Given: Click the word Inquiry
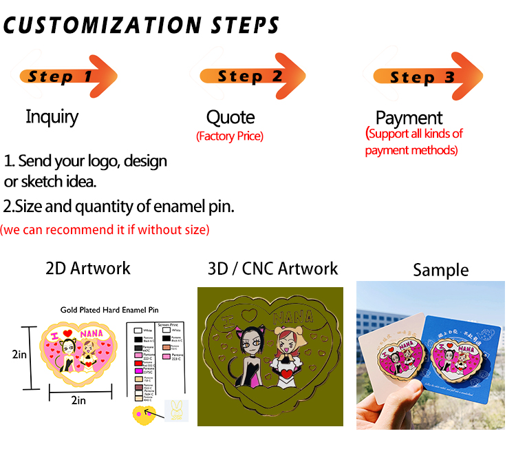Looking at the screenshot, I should click(52, 116).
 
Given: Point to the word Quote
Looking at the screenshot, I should click(230, 118).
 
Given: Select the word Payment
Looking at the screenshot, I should click(409, 118).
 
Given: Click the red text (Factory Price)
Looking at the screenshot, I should click(230, 136).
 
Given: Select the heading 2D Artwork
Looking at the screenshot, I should click(87, 268).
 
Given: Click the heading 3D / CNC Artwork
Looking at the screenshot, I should click(272, 268).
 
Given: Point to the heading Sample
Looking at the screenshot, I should click(440, 270).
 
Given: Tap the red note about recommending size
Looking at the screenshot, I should click(105, 229).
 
